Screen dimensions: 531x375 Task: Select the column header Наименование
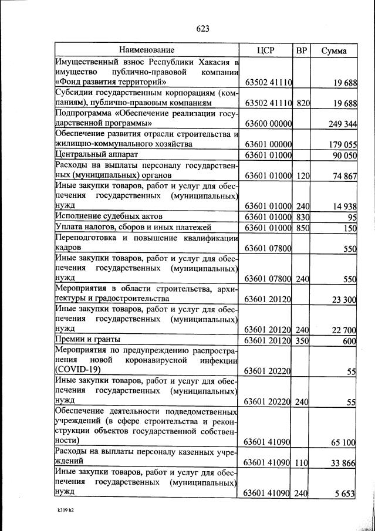pos(147,50)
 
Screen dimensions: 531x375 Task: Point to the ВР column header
pos(302,50)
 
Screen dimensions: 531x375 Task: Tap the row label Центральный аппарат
pos(96,154)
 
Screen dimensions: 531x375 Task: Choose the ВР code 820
pos(303,103)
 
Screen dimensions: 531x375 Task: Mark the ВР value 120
pos(303,175)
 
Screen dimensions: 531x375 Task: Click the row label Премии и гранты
pos(87,340)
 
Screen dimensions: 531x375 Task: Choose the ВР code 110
pos(303,462)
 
